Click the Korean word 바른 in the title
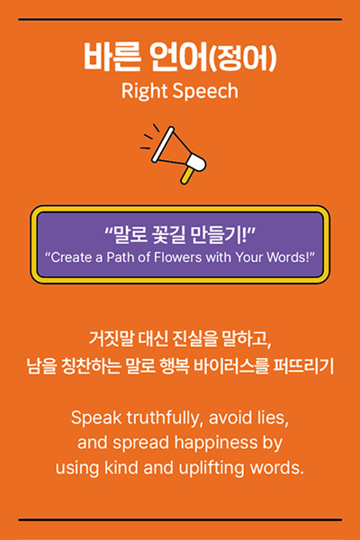pos(112,57)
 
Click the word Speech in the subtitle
pos(205,92)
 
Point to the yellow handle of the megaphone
pos(186,175)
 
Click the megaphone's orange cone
pos(172,148)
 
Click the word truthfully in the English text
pos(163,418)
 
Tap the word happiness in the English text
pos(216,444)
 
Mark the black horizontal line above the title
pos(180,20)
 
